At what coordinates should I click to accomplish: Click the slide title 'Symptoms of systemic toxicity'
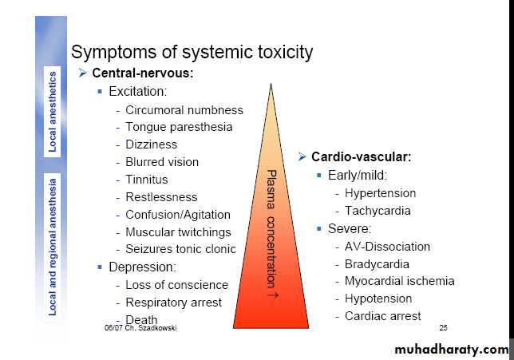pos(192,53)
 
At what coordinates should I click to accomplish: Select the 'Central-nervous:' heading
pos(141,73)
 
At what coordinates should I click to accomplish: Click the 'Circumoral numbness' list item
pos(184,109)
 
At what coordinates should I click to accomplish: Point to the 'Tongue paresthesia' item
pos(179,127)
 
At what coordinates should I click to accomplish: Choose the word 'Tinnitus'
pos(146,180)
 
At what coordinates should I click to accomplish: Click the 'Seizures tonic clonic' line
pos(180,249)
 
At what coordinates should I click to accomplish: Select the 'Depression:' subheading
pos(141,267)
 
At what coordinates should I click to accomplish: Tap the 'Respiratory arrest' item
pos(173,303)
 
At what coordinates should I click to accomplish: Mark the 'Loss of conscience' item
pos(176,285)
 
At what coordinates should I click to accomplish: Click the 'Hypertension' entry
pos(380,193)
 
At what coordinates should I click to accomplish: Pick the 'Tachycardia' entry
pos(378,211)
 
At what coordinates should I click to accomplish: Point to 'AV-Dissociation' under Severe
pos(387,247)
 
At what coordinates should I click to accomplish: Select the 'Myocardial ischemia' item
pos(399,281)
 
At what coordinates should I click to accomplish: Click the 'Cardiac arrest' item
pos(383,315)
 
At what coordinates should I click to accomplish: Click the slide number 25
pos(443,328)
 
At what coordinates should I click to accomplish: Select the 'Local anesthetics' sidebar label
pos(53,112)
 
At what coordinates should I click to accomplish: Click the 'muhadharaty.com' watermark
pos(451,350)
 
